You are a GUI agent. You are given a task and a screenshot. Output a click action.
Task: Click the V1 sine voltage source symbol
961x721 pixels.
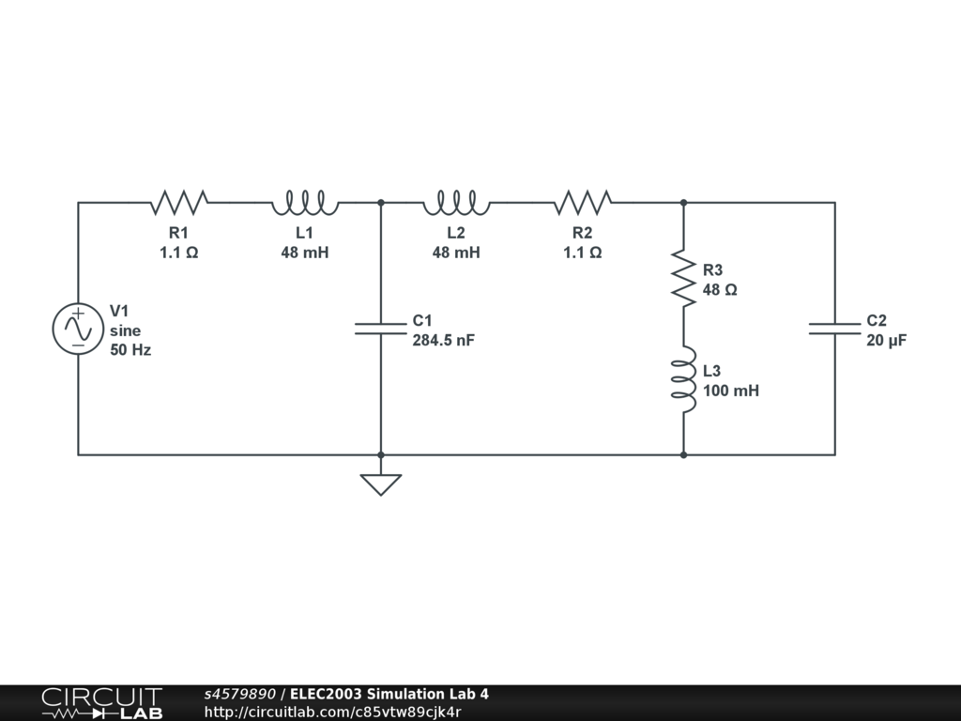pos(77,329)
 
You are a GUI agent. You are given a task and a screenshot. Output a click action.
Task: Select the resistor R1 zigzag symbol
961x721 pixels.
pos(178,201)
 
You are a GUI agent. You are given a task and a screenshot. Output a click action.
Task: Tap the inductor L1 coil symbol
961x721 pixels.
pos(305,201)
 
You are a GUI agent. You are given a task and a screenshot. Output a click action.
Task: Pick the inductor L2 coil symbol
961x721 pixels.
pos(456,201)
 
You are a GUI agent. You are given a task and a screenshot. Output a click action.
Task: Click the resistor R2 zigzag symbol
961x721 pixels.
pos(582,201)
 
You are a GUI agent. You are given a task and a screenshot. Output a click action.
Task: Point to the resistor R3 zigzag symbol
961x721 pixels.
pos(683,278)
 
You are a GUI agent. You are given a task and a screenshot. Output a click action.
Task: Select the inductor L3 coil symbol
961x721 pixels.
pos(683,379)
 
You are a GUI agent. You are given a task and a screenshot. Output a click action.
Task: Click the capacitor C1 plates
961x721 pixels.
pos(380,329)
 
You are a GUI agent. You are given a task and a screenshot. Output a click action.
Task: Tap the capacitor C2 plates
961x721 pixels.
pos(834,329)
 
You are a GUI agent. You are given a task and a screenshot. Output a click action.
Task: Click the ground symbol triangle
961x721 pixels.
pos(380,483)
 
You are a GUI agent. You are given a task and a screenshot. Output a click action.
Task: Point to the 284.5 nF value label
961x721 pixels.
pos(443,340)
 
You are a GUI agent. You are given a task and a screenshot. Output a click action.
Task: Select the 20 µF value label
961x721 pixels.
pos(886,340)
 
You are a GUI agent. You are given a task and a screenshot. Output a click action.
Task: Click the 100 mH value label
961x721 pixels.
pos(730,391)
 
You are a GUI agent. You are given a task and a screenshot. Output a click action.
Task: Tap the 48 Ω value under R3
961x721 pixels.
pos(719,290)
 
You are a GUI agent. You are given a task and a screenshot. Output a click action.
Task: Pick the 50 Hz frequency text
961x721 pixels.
pos(130,350)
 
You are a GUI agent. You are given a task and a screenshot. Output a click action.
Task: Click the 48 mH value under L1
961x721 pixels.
pos(305,253)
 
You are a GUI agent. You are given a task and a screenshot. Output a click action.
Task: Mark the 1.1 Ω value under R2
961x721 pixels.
pos(582,253)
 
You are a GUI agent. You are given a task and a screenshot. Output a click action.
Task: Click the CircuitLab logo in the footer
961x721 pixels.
pos(101,703)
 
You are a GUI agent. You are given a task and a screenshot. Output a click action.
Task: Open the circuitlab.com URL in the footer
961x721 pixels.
pos(333,712)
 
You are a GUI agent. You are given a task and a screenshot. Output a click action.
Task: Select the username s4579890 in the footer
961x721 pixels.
pos(239,695)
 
